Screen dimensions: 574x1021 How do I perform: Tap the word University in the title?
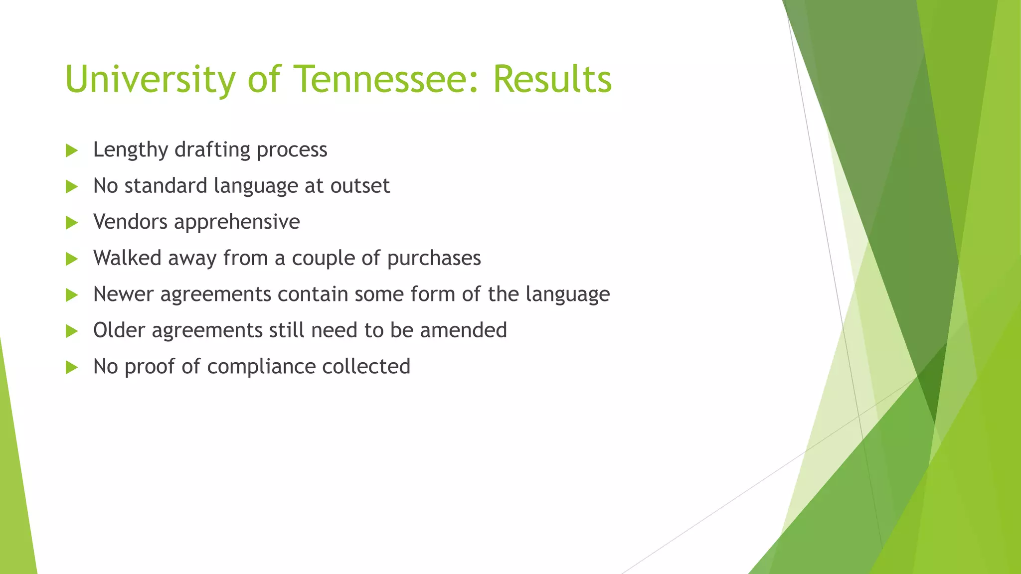pyautogui.click(x=150, y=80)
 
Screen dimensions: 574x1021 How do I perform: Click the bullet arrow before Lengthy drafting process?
pyautogui.click(x=72, y=150)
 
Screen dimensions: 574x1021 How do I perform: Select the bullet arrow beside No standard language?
pyautogui.click(x=72, y=187)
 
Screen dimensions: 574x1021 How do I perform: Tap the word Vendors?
pyautogui.click(x=130, y=222)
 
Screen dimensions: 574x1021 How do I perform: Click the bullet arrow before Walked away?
pyautogui.click(x=72, y=259)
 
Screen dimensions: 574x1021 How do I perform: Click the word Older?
pyautogui.click(x=119, y=330)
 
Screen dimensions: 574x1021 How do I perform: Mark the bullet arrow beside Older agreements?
pyautogui.click(x=72, y=331)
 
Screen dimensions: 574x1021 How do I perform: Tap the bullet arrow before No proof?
pyautogui.click(x=72, y=368)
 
